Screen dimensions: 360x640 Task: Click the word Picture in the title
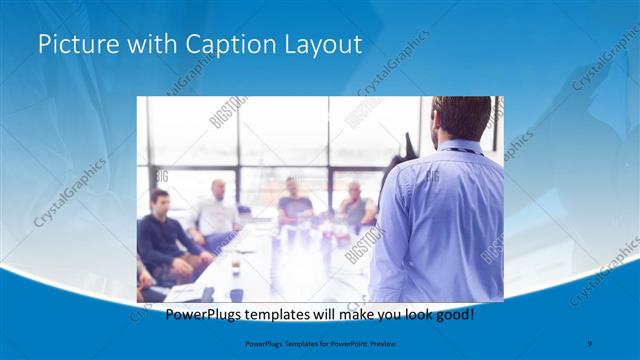coord(75,44)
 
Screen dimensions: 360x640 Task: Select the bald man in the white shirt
coord(217,212)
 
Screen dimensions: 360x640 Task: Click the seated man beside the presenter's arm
coord(356,205)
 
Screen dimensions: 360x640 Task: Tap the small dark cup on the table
coord(236,267)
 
